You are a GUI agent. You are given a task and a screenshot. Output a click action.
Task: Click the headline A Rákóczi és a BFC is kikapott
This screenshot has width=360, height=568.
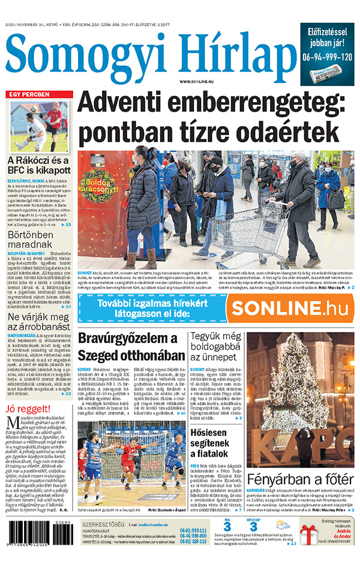click(38, 166)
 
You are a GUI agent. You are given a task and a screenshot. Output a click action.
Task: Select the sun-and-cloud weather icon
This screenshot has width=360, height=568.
click(281, 526)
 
